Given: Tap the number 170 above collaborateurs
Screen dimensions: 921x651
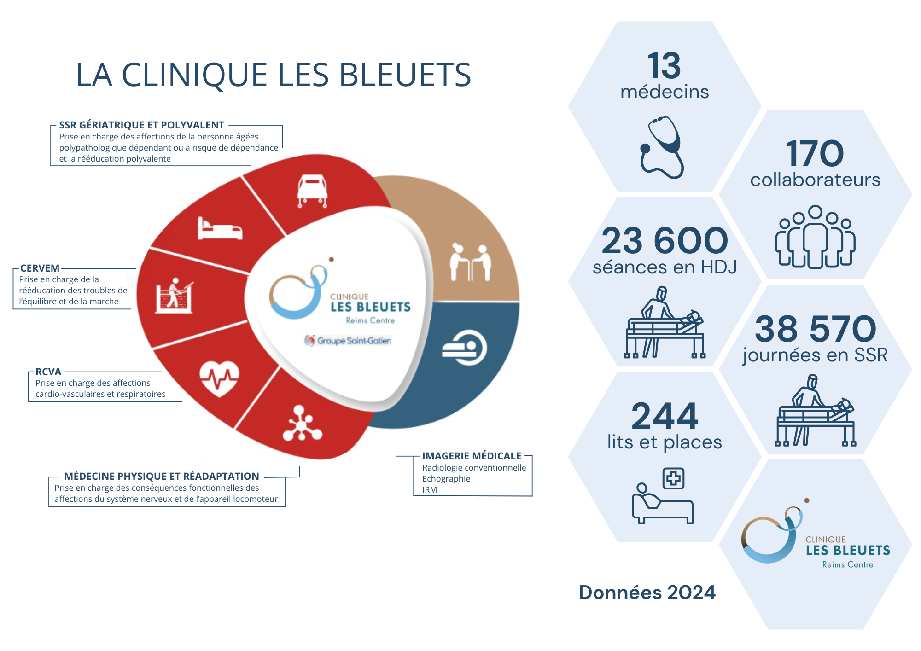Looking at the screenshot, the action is [815, 154].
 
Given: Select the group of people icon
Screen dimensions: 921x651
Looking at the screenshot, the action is [815, 237].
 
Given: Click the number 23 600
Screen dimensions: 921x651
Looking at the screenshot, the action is [665, 241].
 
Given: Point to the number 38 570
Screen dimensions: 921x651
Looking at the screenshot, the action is [815, 329].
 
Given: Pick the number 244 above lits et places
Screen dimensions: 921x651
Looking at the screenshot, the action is [665, 416].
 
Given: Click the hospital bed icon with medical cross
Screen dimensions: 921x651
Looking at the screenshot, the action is [663, 496].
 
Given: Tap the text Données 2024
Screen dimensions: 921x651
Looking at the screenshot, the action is [647, 593].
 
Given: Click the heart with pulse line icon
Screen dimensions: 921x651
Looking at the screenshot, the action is [219, 378].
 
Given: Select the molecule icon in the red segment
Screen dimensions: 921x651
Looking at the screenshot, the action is [302, 423].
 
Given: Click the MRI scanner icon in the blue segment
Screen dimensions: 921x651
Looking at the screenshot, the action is [464, 348].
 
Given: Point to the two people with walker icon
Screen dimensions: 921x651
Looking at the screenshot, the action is [470, 262].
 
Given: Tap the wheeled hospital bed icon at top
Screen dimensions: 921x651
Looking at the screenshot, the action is [312, 191].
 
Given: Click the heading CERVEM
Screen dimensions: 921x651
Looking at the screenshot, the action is [40, 268].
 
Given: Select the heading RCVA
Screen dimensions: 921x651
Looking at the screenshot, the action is [48, 372].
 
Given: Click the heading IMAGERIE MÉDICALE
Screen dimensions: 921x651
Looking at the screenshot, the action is [472, 456].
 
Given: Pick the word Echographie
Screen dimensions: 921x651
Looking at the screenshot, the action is [446, 479].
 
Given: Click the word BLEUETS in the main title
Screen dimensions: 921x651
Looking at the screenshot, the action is [405, 75].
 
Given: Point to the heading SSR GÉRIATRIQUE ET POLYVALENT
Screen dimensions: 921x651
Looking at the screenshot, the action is [141, 125].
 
